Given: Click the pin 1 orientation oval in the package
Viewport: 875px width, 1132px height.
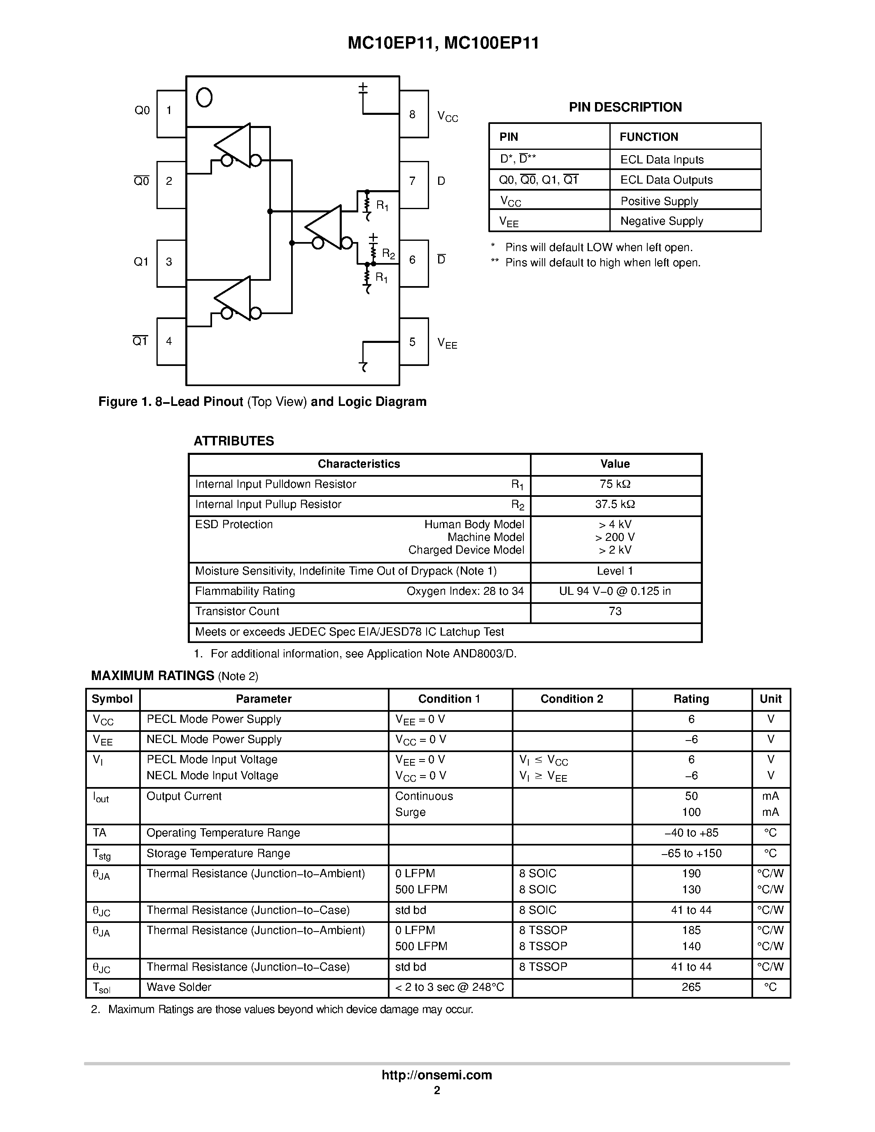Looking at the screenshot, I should [204, 97].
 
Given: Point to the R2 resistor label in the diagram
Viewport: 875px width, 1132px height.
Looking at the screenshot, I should [388, 254].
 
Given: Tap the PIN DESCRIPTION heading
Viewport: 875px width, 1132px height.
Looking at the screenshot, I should [625, 107].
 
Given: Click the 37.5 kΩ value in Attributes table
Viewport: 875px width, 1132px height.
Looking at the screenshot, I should [615, 504].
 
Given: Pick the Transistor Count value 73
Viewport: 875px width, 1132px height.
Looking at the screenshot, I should [615, 612].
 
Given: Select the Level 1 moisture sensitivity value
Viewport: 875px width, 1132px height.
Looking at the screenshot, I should [615, 571].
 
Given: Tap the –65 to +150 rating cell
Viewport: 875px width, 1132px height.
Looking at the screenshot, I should [691, 853].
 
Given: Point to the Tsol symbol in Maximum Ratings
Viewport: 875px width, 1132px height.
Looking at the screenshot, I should [102, 988].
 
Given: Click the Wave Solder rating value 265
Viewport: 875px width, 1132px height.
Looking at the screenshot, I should [691, 988].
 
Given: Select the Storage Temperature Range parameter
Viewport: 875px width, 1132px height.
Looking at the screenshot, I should [218, 853].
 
